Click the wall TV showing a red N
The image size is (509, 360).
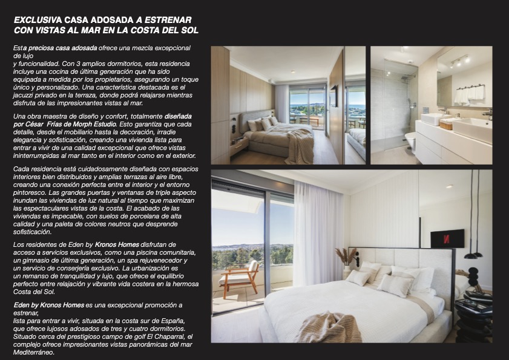point(447,238)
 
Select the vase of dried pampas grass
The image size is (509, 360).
point(346,257)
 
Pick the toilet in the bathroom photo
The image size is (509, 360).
point(410,141)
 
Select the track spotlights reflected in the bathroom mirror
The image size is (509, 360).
point(460,61)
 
